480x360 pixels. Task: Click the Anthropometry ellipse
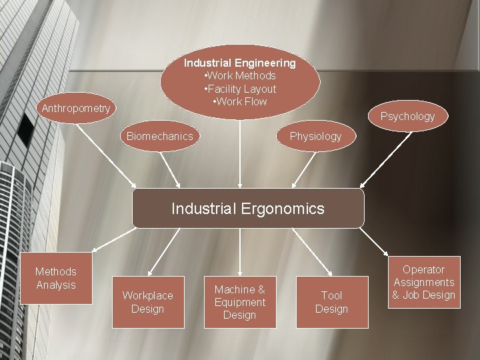click(x=75, y=108)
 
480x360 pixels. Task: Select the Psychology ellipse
click(x=407, y=116)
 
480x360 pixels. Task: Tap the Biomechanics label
click(x=159, y=137)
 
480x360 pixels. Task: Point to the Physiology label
click(x=315, y=137)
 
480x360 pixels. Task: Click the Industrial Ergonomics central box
click(x=248, y=208)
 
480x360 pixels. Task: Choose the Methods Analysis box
click(x=56, y=279)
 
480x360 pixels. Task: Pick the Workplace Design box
click(x=147, y=302)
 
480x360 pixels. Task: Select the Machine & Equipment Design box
click(x=239, y=302)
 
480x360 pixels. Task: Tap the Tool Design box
click(x=331, y=302)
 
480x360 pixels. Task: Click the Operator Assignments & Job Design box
click(x=423, y=283)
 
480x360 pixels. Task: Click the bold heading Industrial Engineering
click(x=240, y=63)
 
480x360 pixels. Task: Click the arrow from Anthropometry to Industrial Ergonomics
click(x=107, y=152)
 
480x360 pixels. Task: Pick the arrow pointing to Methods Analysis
click(x=113, y=240)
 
